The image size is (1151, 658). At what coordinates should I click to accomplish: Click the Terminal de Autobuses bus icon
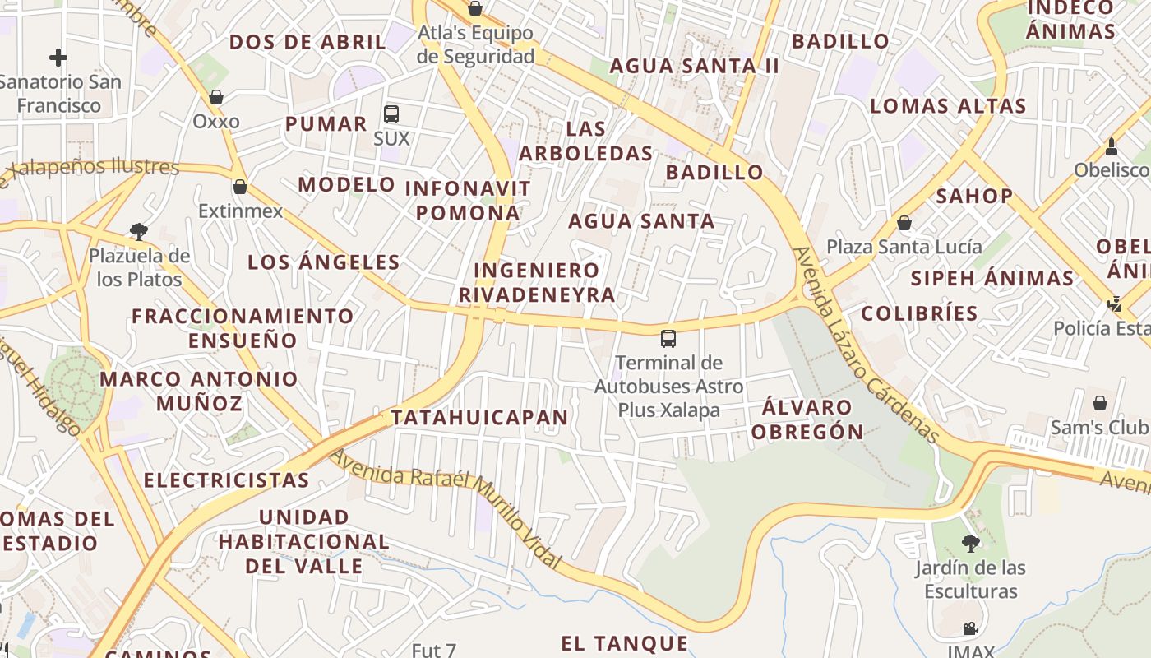click(x=668, y=338)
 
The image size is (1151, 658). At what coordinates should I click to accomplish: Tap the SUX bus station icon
click(x=391, y=114)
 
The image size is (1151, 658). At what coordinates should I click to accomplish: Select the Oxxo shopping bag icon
click(x=216, y=97)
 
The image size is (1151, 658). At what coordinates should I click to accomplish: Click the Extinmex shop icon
click(x=240, y=187)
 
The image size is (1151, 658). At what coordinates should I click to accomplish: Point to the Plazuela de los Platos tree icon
click(x=139, y=232)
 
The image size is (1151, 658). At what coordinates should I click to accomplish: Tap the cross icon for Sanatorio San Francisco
click(x=58, y=58)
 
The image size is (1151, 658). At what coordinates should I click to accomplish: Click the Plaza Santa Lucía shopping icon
click(x=904, y=223)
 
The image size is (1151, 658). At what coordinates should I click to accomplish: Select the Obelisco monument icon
click(x=1112, y=146)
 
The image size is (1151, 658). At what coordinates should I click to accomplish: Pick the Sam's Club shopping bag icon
click(x=1100, y=403)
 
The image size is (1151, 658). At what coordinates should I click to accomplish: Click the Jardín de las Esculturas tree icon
click(x=971, y=543)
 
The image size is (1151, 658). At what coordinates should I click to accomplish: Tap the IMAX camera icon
click(x=971, y=629)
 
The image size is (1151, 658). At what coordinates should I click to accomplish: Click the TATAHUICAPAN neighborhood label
click(x=480, y=418)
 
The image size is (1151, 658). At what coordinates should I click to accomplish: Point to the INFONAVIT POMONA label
click(x=468, y=201)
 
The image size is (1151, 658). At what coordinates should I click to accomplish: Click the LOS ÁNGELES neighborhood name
click(x=324, y=263)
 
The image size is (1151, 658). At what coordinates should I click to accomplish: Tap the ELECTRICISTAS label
click(x=226, y=480)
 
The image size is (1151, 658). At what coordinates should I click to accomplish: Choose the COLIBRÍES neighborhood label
click(x=919, y=313)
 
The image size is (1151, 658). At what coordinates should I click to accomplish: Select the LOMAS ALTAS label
click(x=948, y=106)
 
